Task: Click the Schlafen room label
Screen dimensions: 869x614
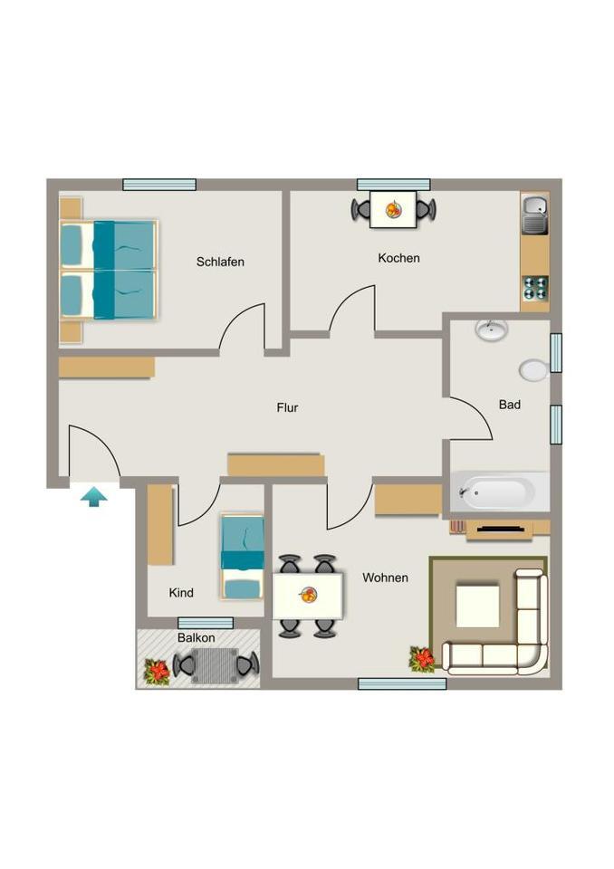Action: coord(220,263)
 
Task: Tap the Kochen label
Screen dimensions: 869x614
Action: coord(398,258)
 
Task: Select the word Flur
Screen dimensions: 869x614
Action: coord(287,408)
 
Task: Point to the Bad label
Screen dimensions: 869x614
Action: coord(510,405)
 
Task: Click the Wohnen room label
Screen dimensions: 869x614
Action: coord(385,578)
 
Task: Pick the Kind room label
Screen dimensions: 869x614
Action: coord(181,593)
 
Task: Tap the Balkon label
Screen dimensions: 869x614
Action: coord(197,637)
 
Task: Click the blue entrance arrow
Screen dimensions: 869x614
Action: coord(93,495)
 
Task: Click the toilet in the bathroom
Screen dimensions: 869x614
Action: coord(535,369)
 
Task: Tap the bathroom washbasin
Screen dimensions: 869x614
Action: coord(492,329)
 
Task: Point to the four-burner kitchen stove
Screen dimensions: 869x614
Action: coord(534,288)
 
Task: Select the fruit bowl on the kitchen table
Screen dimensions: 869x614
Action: coord(394,210)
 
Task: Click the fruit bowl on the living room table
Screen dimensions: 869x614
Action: coord(309,595)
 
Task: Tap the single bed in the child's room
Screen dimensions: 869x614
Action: coord(243,557)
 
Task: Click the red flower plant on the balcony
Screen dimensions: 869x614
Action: coord(158,671)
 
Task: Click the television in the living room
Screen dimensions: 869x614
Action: coord(499,528)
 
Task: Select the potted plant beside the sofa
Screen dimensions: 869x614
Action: coord(421,659)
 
